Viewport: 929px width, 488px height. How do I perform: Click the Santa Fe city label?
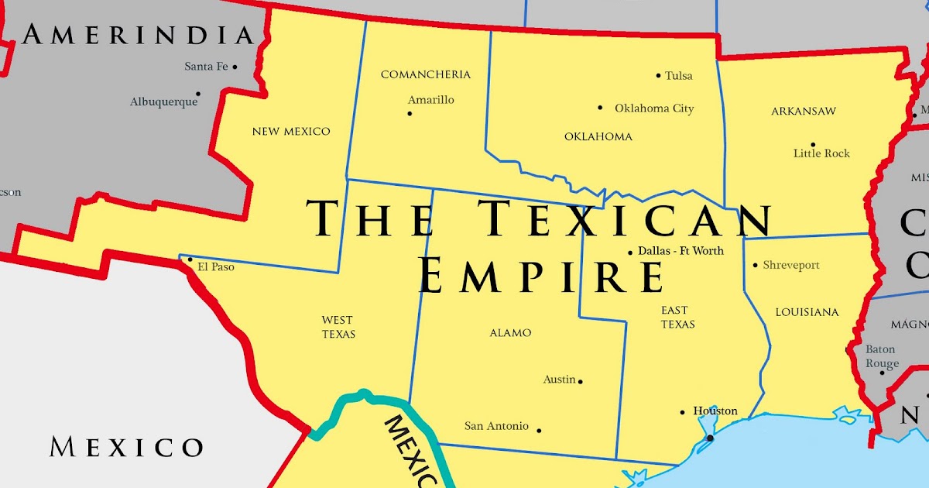tap(206, 67)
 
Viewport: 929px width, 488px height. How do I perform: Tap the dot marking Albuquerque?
tap(197, 94)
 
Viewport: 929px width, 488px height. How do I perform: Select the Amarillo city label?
tap(431, 100)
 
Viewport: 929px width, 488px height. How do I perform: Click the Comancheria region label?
tap(425, 74)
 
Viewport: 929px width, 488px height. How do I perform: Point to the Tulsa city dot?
tap(659, 76)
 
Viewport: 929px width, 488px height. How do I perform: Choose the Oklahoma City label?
tap(654, 108)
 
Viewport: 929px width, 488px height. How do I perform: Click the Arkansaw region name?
tap(804, 112)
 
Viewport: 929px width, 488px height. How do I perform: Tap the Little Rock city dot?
tap(813, 145)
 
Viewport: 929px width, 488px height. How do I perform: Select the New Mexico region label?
tap(291, 132)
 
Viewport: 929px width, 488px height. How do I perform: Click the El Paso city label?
tap(216, 266)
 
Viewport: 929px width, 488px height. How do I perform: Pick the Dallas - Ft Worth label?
tap(681, 251)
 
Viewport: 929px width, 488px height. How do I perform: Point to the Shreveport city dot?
tap(756, 265)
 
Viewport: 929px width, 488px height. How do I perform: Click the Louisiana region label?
tap(807, 312)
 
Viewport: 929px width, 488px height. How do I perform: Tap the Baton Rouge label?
tap(882, 356)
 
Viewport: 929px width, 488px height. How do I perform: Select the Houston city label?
tap(715, 411)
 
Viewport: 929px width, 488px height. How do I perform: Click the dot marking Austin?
tap(581, 381)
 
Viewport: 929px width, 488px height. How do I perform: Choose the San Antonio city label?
tap(496, 426)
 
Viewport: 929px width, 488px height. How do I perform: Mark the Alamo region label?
tap(510, 333)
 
